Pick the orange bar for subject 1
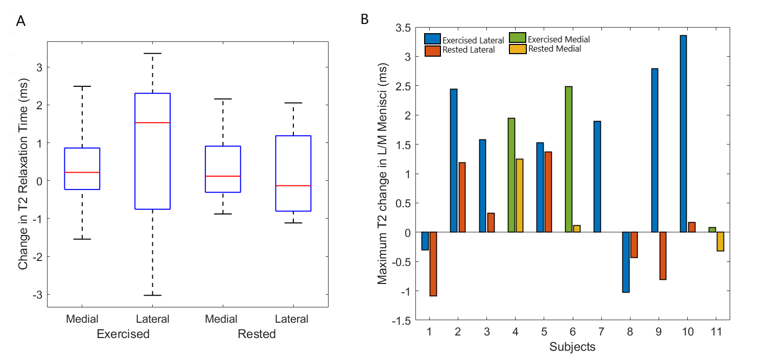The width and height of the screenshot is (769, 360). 433,263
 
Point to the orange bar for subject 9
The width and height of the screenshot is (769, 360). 663,256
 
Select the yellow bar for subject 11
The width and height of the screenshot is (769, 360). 720,242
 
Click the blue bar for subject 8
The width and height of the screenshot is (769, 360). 626,262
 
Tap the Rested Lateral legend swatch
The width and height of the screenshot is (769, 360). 432,51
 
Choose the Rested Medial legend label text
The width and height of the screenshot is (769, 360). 554,49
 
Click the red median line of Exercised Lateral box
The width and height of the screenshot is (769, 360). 152,123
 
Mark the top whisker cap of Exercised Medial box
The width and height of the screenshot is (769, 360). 82,86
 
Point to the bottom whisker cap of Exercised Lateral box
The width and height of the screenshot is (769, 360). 152,295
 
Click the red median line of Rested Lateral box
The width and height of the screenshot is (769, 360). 293,185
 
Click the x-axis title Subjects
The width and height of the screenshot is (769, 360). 572,347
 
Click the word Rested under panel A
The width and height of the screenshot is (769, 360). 257,334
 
